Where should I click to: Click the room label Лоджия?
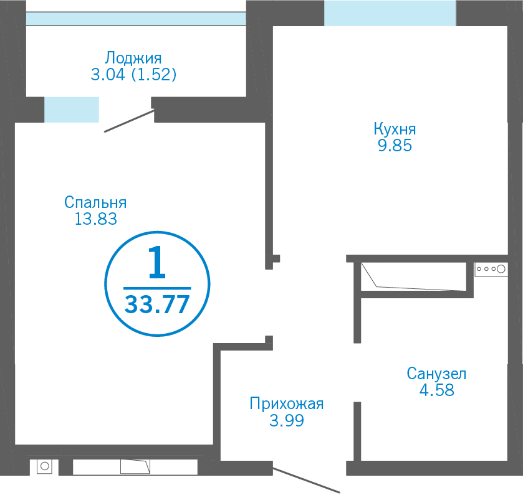tap(133, 59)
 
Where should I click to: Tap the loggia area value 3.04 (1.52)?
tap(133, 74)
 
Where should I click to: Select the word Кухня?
tap(395, 130)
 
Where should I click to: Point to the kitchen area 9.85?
tap(395, 146)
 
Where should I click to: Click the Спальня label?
tap(95, 202)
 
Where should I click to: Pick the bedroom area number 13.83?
tap(96, 219)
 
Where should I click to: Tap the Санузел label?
tap(436, 374)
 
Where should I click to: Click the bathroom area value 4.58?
tap(436, 390)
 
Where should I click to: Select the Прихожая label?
tap(287, 403)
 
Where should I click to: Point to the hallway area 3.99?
tap(287, 420)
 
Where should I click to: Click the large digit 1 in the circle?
tap(156, 262)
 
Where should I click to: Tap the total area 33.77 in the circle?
tap(156, 304)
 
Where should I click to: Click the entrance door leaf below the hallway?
tap(306, 480)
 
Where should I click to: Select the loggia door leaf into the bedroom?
tap(130, 121)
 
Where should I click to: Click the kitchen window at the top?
tap(390, 13)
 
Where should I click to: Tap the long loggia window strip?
tap(136, 19)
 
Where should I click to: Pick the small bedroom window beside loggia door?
tap(72, 110)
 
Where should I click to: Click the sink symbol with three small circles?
tap(491, 269)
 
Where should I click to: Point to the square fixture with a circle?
tap(44, 466)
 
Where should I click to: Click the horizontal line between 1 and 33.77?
tap(157, 288)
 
